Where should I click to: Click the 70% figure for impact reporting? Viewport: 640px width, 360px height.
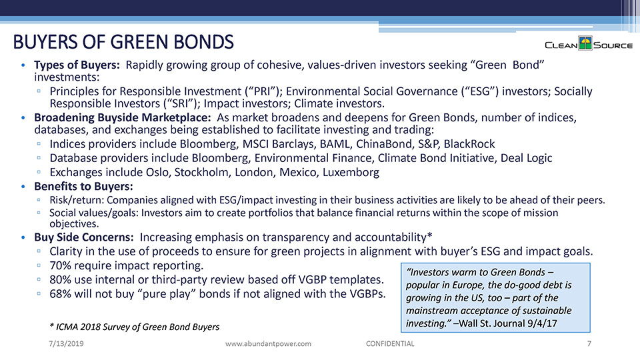click(61, 265)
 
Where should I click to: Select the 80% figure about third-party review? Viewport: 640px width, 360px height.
click(61, 279)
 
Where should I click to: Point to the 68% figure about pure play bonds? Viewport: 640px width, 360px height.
click(61, 294)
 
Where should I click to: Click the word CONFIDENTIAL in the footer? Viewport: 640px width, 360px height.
click(390, 343)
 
